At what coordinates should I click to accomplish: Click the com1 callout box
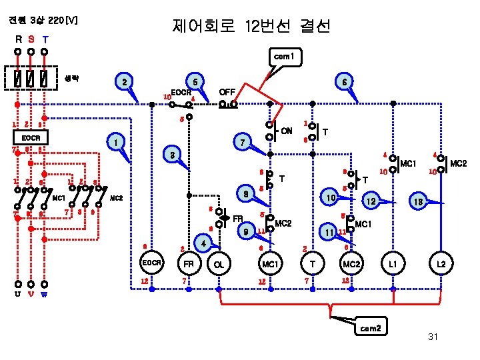(x=284, y=57)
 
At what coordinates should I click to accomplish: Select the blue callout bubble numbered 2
(x=123, y=83)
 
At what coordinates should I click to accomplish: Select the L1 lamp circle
(x=394, y=263)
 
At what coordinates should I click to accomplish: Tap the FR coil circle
(x=189, y=263)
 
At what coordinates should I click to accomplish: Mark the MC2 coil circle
(x=351, y=263)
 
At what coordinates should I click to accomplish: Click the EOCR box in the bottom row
(x=151, y=263)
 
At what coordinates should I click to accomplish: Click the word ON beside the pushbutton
(x=287, y=130)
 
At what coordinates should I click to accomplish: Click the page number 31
(x=433, y=337)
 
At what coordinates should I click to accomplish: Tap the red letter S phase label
(x=31, y=38)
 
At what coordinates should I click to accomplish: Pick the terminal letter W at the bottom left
(x=44, y=293)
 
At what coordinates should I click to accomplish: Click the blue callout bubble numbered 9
(x=247, y=231)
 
